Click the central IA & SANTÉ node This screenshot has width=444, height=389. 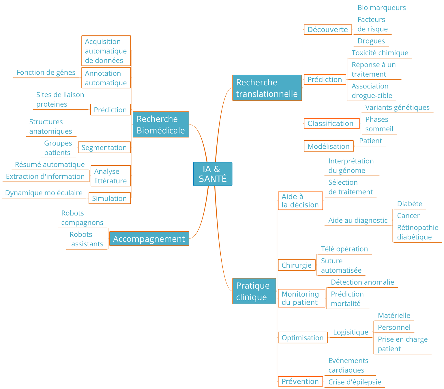(x=213, y=174)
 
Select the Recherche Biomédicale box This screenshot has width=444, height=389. (x=161, y=124)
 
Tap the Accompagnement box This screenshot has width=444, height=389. (x=149, y=239)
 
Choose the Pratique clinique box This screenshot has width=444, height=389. (x=254, y=291)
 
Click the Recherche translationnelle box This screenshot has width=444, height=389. (x=267, y=88)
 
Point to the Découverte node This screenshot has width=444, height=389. (x=328, y=30)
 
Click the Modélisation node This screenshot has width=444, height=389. (x=329, y=146)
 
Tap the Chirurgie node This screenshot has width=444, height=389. (x=297, y=265)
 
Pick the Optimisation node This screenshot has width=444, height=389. (x=303, y=337)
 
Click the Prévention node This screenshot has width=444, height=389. (x=300, y=381)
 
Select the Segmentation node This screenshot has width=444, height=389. (x=104, y=148)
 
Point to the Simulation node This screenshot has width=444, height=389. (x=109, y=198)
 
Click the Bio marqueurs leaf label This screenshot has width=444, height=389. (x=381, y=8)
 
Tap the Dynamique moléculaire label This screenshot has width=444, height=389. (x=44, y=193)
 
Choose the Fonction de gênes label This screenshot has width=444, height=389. (x=46, y=72)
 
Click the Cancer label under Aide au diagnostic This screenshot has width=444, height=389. (x=408, y=216)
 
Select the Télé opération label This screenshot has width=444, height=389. (x=344, y=249)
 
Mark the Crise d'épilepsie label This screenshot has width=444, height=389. (x=355, y=382)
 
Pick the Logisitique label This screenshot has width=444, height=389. (x=351, y=332)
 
